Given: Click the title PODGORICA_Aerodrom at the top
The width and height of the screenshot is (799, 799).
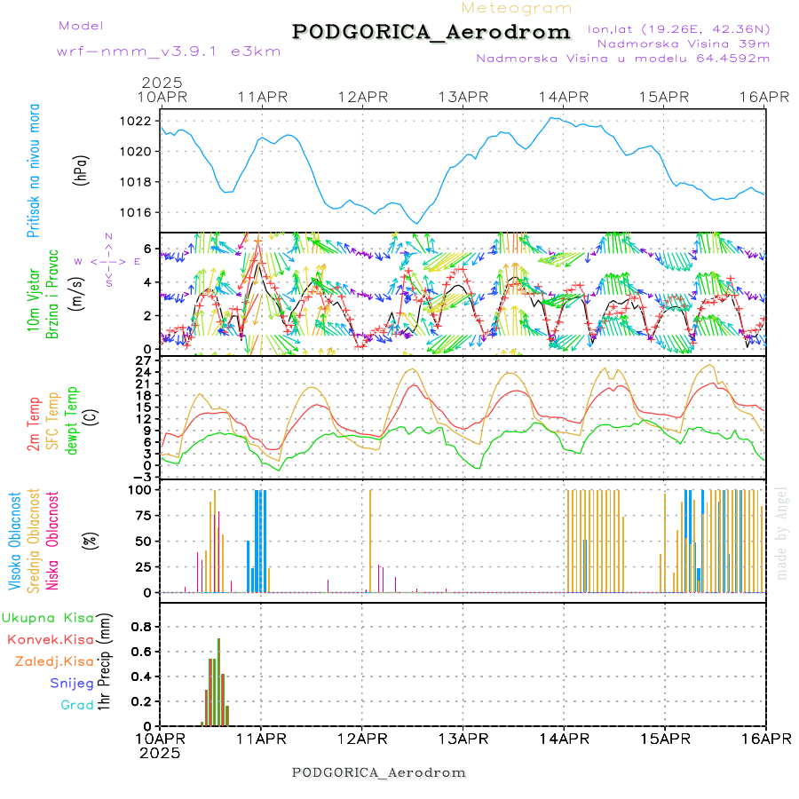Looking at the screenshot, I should click(431, 32).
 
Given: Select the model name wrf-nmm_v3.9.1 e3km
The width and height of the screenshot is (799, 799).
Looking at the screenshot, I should click(169, 51).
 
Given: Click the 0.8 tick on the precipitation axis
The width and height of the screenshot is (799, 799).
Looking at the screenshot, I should click(142, 626).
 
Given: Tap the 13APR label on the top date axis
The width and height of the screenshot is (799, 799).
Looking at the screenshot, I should click(464, 97).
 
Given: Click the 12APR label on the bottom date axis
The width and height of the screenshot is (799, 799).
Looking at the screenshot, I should click(362, 740).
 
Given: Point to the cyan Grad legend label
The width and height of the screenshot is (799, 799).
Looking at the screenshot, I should click(77, 705).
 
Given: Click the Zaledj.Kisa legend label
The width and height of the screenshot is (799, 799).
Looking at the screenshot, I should click(54, 661).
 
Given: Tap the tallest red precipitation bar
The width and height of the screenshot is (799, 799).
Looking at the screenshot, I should click(218, 675).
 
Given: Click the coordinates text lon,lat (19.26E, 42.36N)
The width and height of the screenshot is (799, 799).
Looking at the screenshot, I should click(678, 28).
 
